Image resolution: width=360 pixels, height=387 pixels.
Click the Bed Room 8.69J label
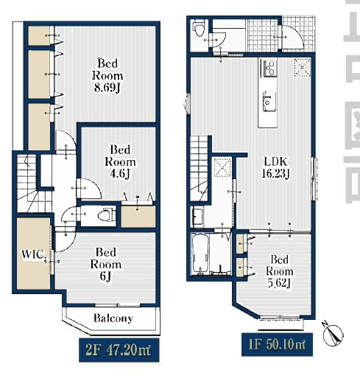coord(107,75)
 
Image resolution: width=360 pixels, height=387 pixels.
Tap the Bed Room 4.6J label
coord(120,161)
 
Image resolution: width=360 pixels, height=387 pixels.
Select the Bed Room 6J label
coord(106,264)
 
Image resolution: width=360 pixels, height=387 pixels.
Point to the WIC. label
coord(34,254)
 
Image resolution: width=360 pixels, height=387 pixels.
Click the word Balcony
coord(113,318)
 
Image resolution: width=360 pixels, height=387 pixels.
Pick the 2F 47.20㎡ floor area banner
coord(119,350)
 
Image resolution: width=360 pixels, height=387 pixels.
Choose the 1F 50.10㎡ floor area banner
coord(277,344)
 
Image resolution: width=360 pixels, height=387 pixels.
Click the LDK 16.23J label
coord(275,167)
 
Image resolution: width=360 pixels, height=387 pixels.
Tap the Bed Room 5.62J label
coord(279,271)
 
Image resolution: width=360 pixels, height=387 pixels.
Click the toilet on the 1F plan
coord(199,29)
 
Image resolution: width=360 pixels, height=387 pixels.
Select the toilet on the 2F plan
coord(107,215)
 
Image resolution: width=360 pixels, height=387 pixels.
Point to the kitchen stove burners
coord(269,67)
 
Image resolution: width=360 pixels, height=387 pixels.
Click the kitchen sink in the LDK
coord(269,101)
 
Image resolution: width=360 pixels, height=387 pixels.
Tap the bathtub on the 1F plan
coord(200,254)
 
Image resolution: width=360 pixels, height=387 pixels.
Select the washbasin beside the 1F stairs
coord(197,217)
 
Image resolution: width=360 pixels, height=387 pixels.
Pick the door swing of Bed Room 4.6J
coord(89,189)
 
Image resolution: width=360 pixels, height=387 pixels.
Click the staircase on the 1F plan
coord(200,168)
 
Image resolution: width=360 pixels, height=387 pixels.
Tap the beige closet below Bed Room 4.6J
coord(138,217)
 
